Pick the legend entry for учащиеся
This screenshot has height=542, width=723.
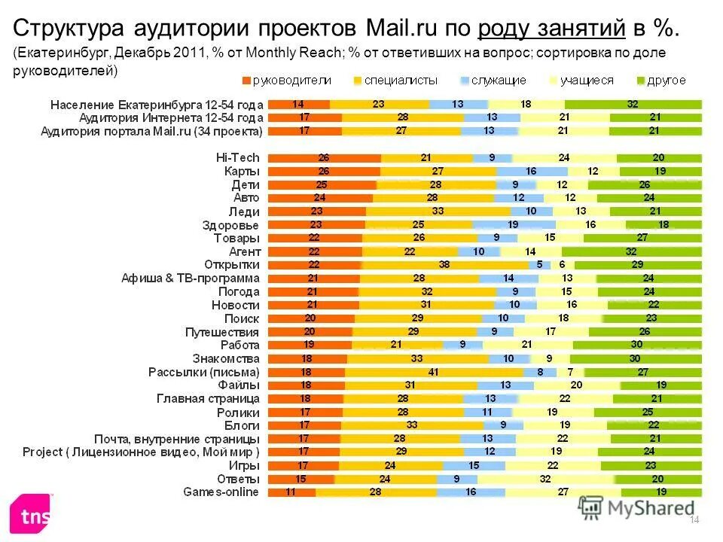pyautogui.click(x=585, y=81)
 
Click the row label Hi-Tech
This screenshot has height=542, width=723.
pyautogui.click(x=237, y=157)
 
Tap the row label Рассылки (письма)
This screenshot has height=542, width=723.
pyautogui.click(x=203, y=372)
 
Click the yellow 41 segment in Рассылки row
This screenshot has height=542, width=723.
pyautogui.click(x=434, y=372)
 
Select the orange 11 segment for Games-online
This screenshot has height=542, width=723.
pyautogui.click(x=291, y=492)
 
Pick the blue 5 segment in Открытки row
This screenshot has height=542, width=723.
pyautogui.click(x=539, y=265)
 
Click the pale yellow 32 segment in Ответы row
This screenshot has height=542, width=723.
pyautogui.click(x=545, y=479)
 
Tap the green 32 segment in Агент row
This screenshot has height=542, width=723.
pyautogui.click(x=631, y=251)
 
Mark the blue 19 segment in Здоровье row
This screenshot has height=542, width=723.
pyautogui.click(x=514, y=224)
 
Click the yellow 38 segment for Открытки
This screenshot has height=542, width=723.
pyautogui.click(x=444, y=265)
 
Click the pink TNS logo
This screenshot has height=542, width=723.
pyautogui.click(x=30, y=516)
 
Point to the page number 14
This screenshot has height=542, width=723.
pyautogui.click(x=694, y=521)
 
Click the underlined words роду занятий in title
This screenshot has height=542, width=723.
pyautogui.click(x=552, y=29)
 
